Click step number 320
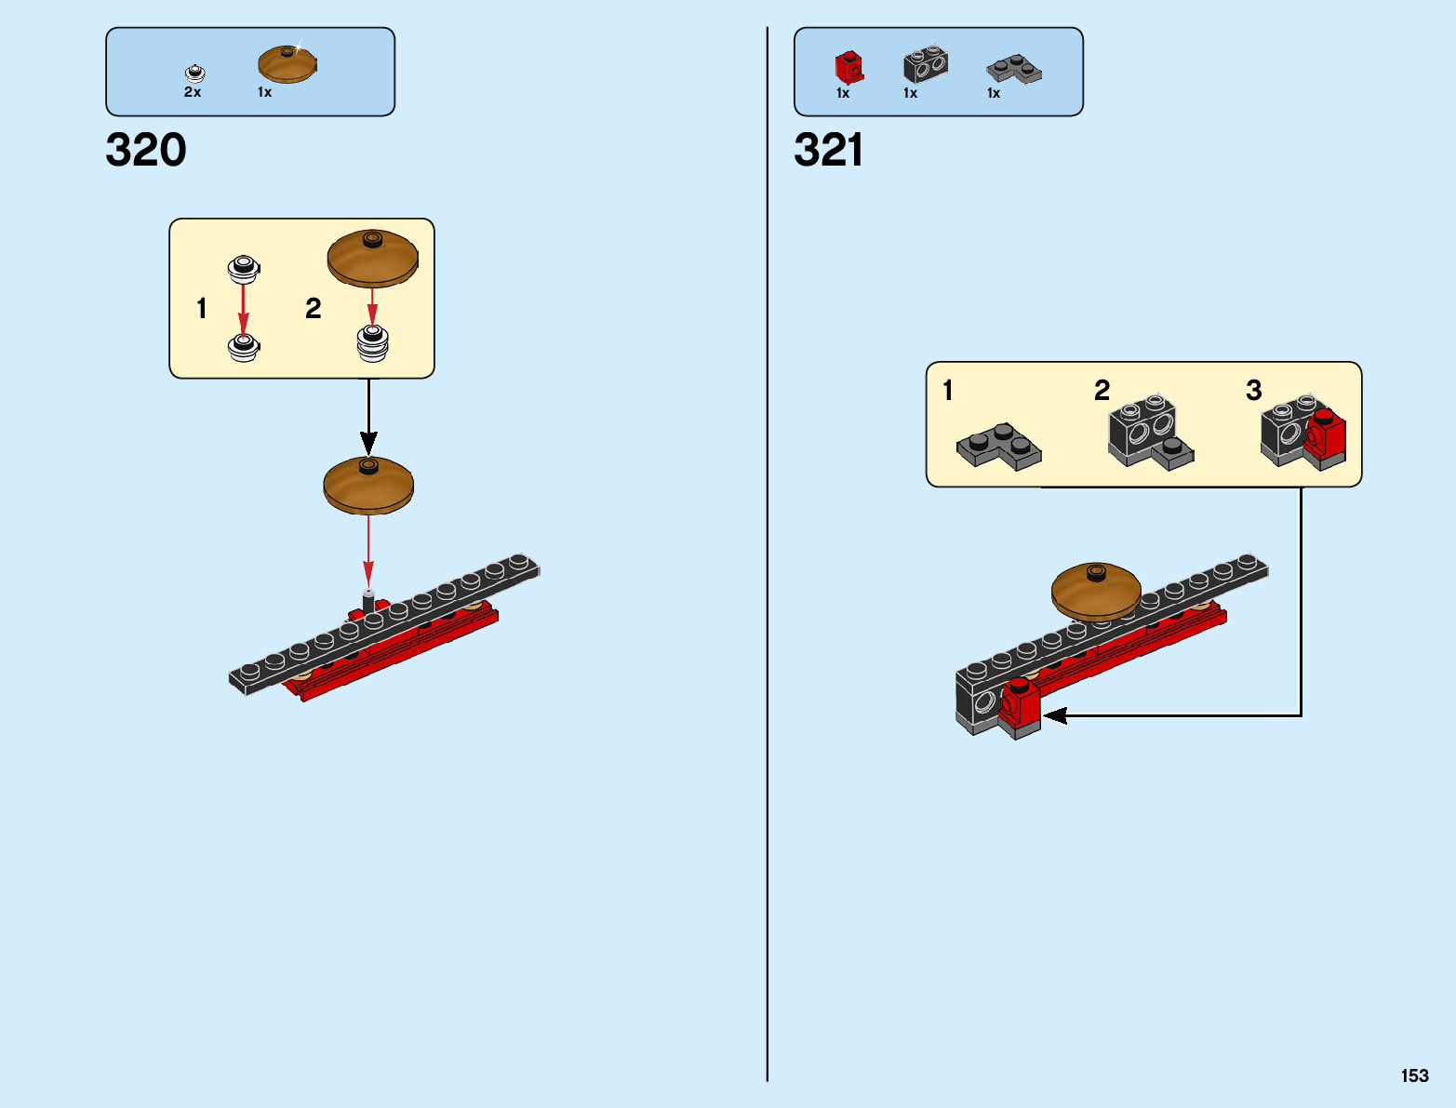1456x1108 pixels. (146, 150)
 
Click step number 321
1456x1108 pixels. (828, 150)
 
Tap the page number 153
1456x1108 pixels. (1414, 1075)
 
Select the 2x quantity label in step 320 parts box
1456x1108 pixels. (193, 92)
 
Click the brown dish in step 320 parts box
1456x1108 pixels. (287, 63)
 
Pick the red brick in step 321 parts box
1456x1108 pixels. (849, 67)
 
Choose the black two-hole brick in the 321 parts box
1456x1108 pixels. (926, 64)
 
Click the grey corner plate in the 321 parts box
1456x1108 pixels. (1014, 69)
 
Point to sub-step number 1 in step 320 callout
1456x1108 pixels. (202, 308)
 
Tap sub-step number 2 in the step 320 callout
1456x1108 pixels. (314, 308)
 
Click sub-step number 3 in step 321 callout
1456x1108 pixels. (1254, 390)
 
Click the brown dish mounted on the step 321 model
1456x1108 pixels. (1096, 591)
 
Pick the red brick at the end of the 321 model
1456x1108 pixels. (1020, 706)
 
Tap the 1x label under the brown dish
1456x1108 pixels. (265, 92)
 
